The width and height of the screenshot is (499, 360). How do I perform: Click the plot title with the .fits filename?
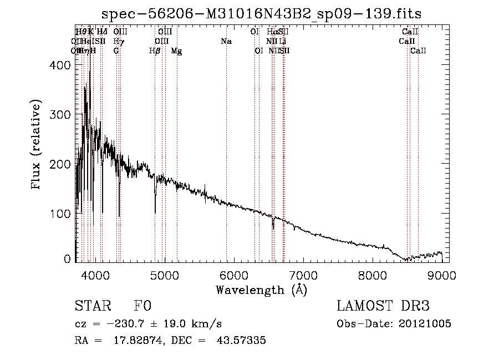[266, 14]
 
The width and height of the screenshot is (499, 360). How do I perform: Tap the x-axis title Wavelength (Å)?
[261, 290]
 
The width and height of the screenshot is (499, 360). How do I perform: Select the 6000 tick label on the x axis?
[234, 275]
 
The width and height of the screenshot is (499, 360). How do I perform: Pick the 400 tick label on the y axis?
[61, 65]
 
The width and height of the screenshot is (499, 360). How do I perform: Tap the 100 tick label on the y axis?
[61, 214]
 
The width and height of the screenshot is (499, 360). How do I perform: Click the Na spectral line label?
[226, 42]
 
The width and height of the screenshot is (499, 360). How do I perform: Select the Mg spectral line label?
[177, 51]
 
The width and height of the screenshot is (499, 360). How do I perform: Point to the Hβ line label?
[155, 51]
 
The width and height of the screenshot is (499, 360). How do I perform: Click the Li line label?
[283, 42]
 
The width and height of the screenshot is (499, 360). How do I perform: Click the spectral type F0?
[143, 307]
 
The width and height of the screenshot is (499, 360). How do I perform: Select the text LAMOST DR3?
[383, 307]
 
